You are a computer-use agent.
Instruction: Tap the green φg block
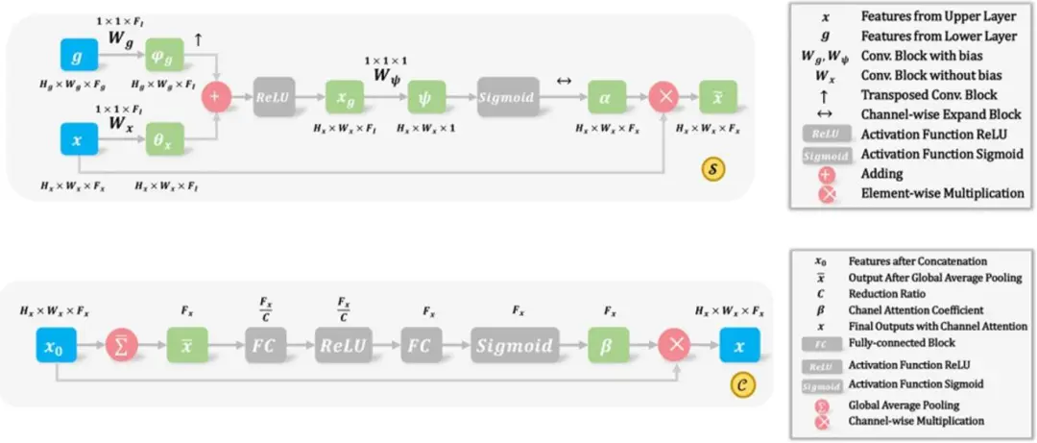164,59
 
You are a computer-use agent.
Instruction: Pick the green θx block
164,140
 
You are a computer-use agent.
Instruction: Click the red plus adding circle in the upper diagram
217,99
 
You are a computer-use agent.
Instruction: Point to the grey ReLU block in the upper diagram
274,99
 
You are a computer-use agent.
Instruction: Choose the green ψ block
427,99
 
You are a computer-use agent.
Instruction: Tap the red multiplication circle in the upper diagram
664,99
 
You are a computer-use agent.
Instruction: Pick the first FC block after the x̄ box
264,345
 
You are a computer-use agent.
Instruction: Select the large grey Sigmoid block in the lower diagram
517,345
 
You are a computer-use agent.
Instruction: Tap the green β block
609,345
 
